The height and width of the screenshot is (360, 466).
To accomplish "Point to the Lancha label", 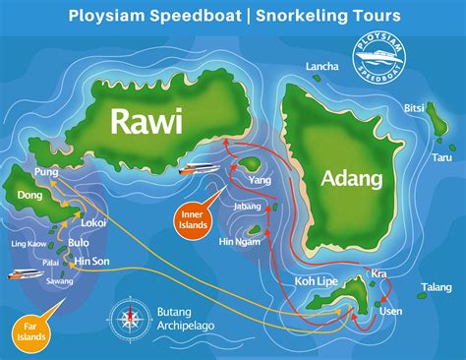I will tap(322, 67).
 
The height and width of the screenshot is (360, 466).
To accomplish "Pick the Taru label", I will tap(441, 156).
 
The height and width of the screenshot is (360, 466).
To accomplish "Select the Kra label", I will tap(379, 272).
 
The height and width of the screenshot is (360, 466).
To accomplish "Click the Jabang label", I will tap(247, 207).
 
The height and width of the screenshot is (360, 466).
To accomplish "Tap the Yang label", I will tap(261, 181).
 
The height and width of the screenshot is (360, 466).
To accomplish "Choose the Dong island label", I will tap(29, 196).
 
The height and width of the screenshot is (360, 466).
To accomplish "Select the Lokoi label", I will tap(94, 223).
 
